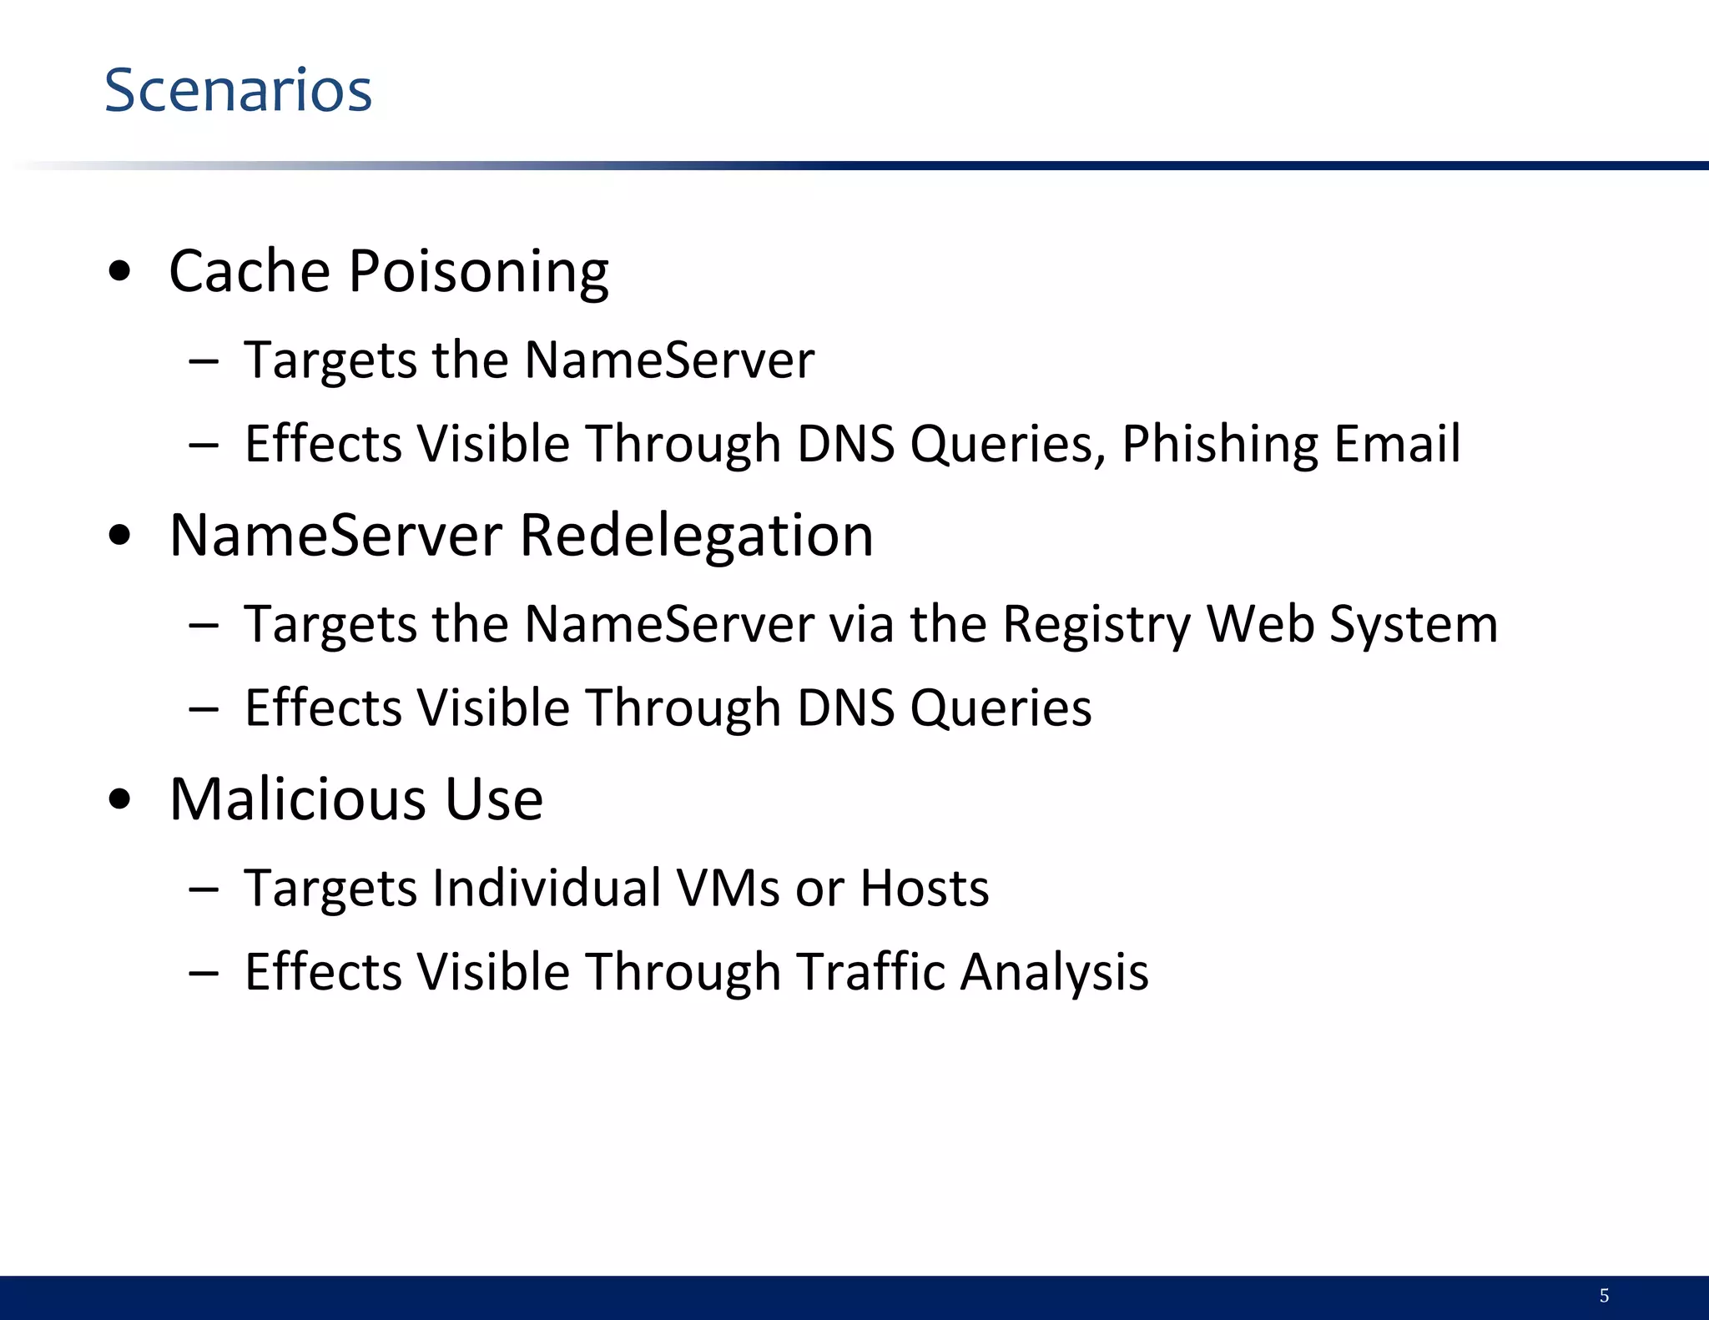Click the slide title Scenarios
(238, 90)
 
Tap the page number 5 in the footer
(1604, 1295)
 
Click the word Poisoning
(478, 273)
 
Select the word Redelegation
(697, 535)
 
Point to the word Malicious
(299, 799)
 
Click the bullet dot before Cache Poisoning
(120, 271)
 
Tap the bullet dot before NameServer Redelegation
(120, 535)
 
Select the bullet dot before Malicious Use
(120, 799)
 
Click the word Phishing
(1219, 444)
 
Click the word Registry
(1096, 625)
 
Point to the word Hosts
(925, 887)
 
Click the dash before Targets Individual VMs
(204, 889)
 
